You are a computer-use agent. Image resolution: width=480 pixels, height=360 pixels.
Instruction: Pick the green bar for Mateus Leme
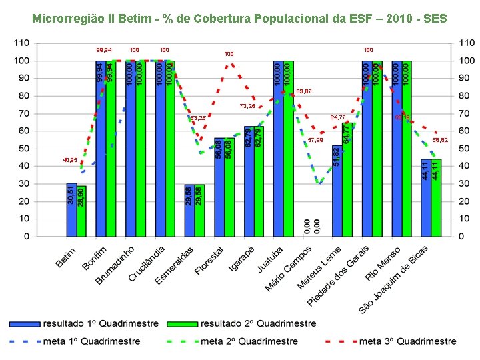point(347,179)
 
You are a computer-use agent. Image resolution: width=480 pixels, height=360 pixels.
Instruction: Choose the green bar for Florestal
point(229,187)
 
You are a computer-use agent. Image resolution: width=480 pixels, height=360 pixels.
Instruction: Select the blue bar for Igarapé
point(249,181)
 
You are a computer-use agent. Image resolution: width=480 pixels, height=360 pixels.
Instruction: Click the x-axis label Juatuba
point(270,259)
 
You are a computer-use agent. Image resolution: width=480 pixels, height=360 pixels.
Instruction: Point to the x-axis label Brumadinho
point(115,265)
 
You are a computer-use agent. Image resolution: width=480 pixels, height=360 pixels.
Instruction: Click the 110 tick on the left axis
point(21,43)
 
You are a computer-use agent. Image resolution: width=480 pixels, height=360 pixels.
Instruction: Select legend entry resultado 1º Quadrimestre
point(101,323)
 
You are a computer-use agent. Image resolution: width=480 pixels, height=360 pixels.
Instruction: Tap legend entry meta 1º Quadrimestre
point(91,341)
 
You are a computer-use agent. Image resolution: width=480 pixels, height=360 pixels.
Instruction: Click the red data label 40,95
point(69,160)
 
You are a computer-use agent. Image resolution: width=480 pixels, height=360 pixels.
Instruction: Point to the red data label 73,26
point(247,106)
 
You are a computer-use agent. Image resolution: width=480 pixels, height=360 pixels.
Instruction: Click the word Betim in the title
point(133,18)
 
